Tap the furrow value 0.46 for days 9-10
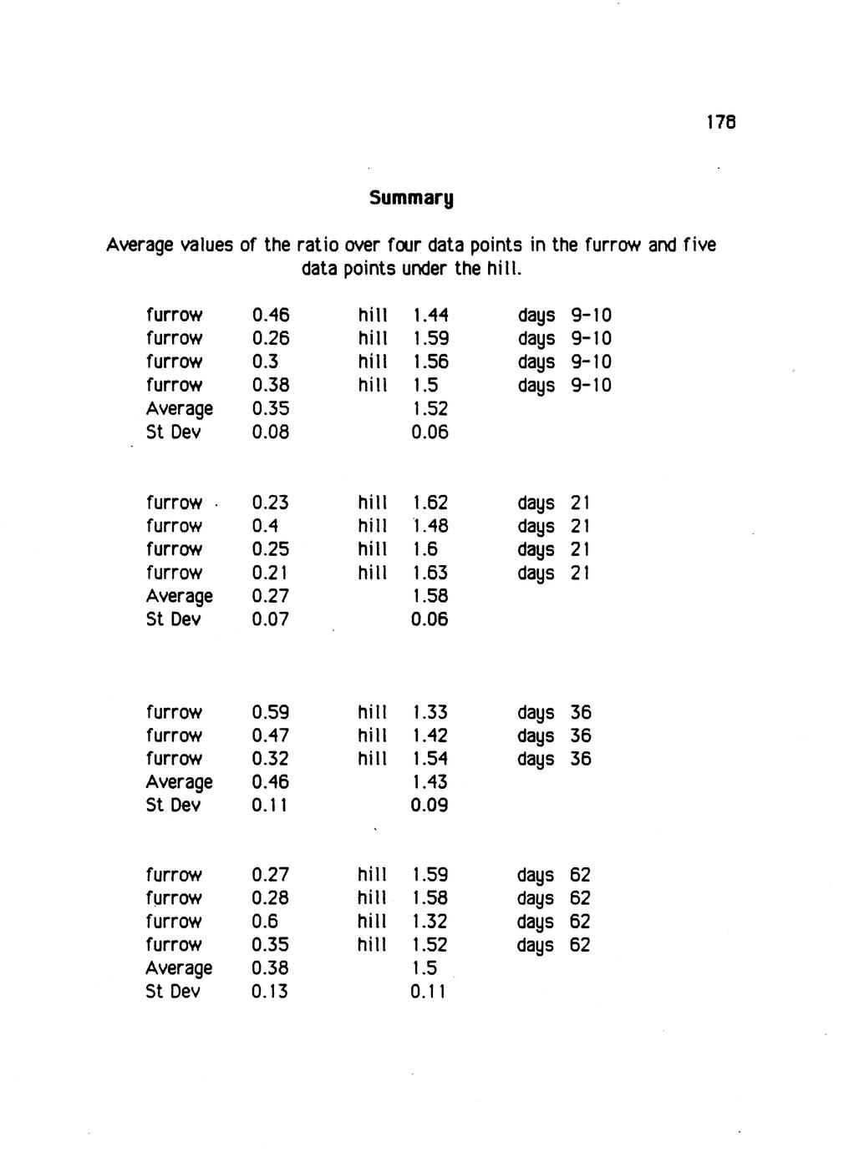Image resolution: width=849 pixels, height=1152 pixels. tap(270, 316)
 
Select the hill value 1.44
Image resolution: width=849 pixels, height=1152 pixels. tap(430, 316)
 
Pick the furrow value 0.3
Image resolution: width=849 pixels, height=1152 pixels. tap(263, 362)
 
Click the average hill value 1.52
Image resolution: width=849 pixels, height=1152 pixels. tap(430, 409)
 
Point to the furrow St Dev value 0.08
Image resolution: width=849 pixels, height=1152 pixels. tap(270, 432)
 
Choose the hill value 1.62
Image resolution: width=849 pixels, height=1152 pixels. tap(430, 503)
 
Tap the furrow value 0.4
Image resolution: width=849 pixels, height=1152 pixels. tap(265, 526)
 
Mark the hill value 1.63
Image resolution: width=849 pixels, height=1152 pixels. tap(430, 573)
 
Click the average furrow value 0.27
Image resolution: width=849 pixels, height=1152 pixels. tap(270, 596)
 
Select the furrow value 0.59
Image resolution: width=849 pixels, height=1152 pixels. tap(270, 713)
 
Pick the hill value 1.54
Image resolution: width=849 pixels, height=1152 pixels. tap(430, 759)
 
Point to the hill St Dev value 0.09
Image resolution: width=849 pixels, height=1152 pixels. tap(430, 806)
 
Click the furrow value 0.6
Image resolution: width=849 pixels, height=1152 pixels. tap(265, 922)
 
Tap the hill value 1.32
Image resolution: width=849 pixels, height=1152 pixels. tap(430, 922)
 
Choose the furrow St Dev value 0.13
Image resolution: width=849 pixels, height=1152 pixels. tap(269, 992)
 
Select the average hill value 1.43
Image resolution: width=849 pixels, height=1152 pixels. tap(430, 782)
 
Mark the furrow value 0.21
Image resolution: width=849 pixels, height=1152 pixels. tap(269, 573)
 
